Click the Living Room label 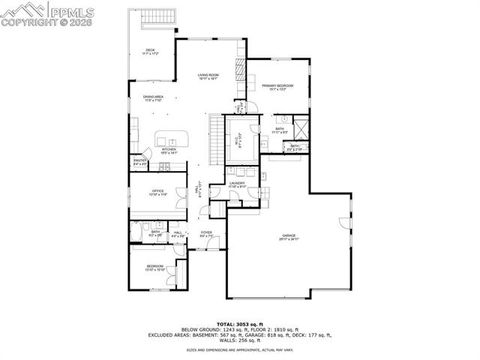point(208,76)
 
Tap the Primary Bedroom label point(277,87)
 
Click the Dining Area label point(154,98)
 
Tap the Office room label point(157,192)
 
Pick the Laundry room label point(237,185)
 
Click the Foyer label point(206,235)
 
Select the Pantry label point(141,162)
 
